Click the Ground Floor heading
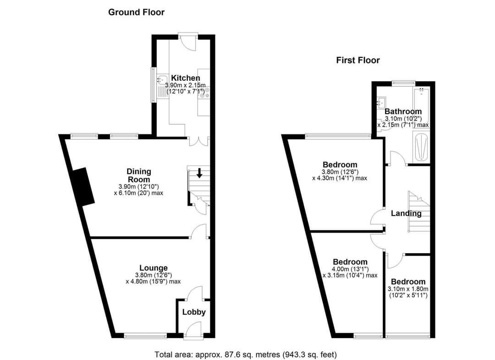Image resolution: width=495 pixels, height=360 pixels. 136,12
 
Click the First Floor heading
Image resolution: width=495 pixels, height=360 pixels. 357,60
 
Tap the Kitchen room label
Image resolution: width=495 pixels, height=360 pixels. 185,78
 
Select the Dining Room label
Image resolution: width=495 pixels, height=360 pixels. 138,176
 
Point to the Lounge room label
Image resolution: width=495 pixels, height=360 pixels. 153,268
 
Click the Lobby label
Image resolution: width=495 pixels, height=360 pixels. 194,312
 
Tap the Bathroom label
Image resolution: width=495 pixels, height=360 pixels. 403,111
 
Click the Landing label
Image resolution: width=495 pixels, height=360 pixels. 406,213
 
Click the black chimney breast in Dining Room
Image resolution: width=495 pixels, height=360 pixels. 83,186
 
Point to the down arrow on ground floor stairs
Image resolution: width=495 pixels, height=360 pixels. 199,173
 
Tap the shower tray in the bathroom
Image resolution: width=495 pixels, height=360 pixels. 421,147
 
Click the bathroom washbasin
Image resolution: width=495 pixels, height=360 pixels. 381,102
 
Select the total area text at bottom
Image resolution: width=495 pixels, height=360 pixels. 246,354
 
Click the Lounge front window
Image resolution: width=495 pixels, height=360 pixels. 145,336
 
